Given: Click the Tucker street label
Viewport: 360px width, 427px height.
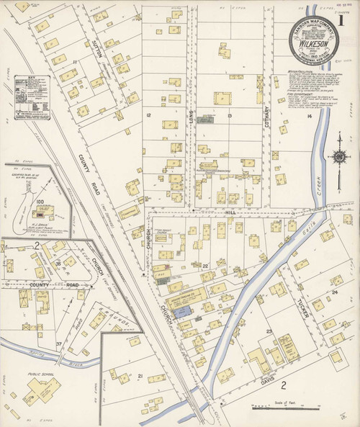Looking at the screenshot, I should [x=302, y=310].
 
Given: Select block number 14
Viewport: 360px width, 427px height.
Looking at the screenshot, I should [x=310, y=116].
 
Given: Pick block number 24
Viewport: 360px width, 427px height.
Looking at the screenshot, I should [x=335, y=292].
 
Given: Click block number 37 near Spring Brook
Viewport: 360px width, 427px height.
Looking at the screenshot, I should [x=59, y=344].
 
